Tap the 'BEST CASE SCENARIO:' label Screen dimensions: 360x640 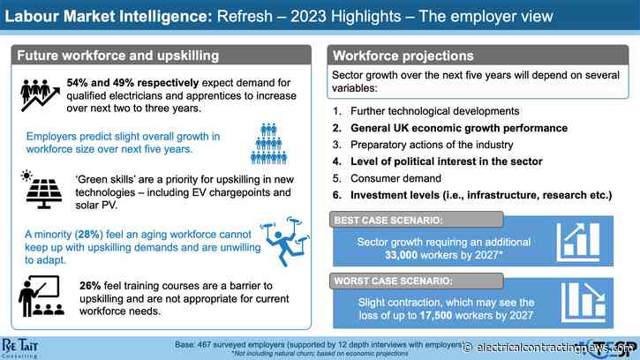386,220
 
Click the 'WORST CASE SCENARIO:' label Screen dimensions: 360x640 390,282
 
